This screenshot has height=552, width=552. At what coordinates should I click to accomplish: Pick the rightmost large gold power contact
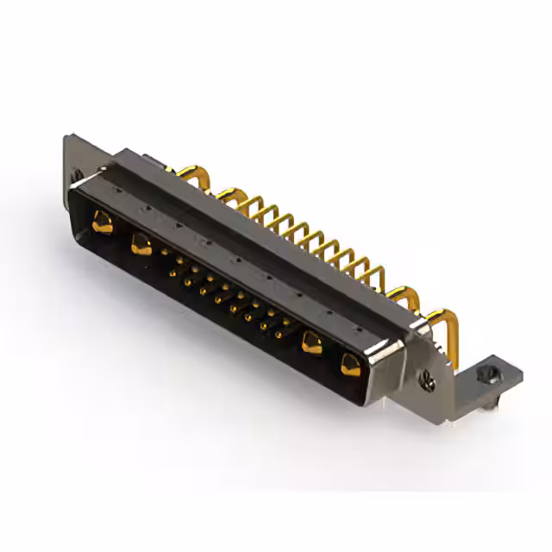click(350, 365)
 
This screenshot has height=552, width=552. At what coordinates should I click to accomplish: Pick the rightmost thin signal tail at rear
click(376, 274)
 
